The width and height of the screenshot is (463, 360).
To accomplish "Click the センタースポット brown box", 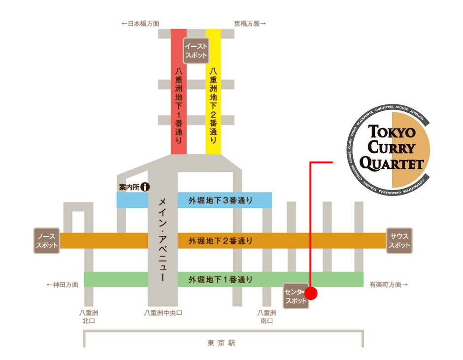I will [296, 296].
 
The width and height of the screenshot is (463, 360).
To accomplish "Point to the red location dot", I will [311, 294].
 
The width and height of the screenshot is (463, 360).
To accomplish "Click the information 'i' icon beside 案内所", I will [145, 187].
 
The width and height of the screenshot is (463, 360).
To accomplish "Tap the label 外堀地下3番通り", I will [220, 200].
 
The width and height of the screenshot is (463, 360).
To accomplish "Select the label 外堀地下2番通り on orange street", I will [220, 241].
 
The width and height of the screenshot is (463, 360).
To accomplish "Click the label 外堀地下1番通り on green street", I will [220, 280].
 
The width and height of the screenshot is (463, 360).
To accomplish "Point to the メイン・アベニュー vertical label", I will [162, 239].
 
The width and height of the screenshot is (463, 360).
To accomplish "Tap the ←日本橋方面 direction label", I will [140, 23].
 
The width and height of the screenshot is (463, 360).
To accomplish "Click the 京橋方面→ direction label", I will [250, 23].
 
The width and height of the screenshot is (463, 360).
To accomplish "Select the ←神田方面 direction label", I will [62, 285].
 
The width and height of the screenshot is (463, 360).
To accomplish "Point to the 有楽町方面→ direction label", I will [389, 285].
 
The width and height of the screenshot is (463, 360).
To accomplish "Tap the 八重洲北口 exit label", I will [89, 316].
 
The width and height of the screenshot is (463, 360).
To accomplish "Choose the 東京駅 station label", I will [221, 343].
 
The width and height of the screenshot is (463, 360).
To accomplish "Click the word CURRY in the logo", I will [392, 147].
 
